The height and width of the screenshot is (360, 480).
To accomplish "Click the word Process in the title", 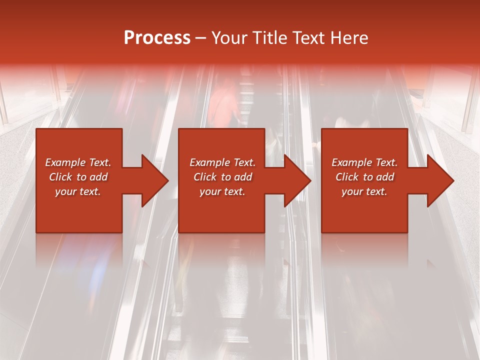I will (157, 38).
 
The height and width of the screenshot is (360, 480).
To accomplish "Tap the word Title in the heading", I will (268, 38).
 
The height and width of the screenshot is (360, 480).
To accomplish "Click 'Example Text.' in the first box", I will (78, 162).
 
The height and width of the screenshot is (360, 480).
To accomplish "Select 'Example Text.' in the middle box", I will (222, 162).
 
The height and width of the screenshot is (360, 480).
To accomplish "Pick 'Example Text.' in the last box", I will (364, 162).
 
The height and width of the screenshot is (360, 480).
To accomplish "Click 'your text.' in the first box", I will (78, 191).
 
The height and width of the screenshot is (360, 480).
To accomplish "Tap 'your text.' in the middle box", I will (222, 191).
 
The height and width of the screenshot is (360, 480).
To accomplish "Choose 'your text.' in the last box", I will (364, 191).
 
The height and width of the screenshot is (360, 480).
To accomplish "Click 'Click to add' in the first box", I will (78, 177).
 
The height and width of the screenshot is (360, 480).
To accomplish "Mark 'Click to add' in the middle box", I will (222, 177).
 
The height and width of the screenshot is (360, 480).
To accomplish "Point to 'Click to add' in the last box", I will (364, 177).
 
